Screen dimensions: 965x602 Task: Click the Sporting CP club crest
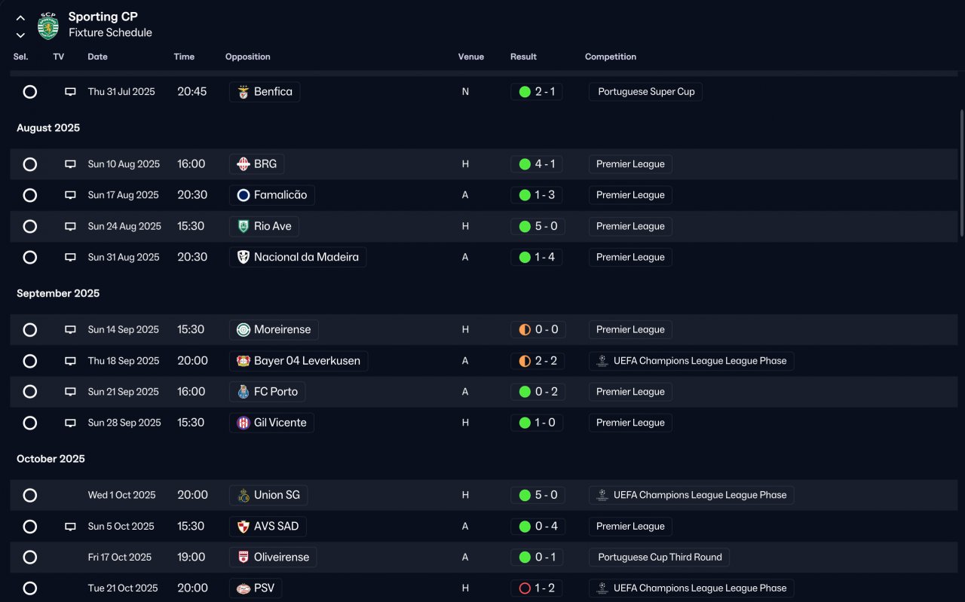pyautogui.click(x=47, y=26)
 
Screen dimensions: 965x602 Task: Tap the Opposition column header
pyautogui.click(x=248, y=57)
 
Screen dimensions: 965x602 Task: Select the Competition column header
pyautogui.click(x=611, y=57)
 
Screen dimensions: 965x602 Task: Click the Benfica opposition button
pyautogui.click(x=265, y=92)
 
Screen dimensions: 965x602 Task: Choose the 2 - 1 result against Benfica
pyautogui.click(x=536, y=92)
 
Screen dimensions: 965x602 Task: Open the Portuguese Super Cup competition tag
pyautogui.click(x=646, y=92)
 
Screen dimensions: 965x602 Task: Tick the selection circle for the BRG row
pyautogui.click(x=29, y=164)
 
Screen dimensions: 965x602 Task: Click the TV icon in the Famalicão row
pyautogui.click(x=70, y=195)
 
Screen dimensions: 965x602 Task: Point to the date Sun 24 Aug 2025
pyautogui.click(x=124, y=226)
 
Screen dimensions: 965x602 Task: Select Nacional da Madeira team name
pyautogui.click(x=306, y=257)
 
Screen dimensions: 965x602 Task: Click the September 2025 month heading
pyautogui.click(x=58, y=293)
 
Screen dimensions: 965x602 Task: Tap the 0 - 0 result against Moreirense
pyautogui.click(x=538, y=329)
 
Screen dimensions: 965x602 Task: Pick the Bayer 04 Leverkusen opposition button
pyautogui.click(x=299, y=361)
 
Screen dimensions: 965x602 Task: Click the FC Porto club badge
pyautogui.click(x=244, y=392)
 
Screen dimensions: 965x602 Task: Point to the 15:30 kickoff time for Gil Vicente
pyautogui.click(x=191, y=423)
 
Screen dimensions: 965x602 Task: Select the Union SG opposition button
pyautogui.click(x=268, y=495)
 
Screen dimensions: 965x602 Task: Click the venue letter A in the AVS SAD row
pyautogui.click(x=465, y=526)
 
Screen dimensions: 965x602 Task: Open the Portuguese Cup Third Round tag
pyautogui.click(x=659, y=558)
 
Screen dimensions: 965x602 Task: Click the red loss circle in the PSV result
pyautogui.click(x=525, y=588)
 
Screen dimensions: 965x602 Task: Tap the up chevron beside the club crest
pyautogui.click(x=20, y=18)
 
